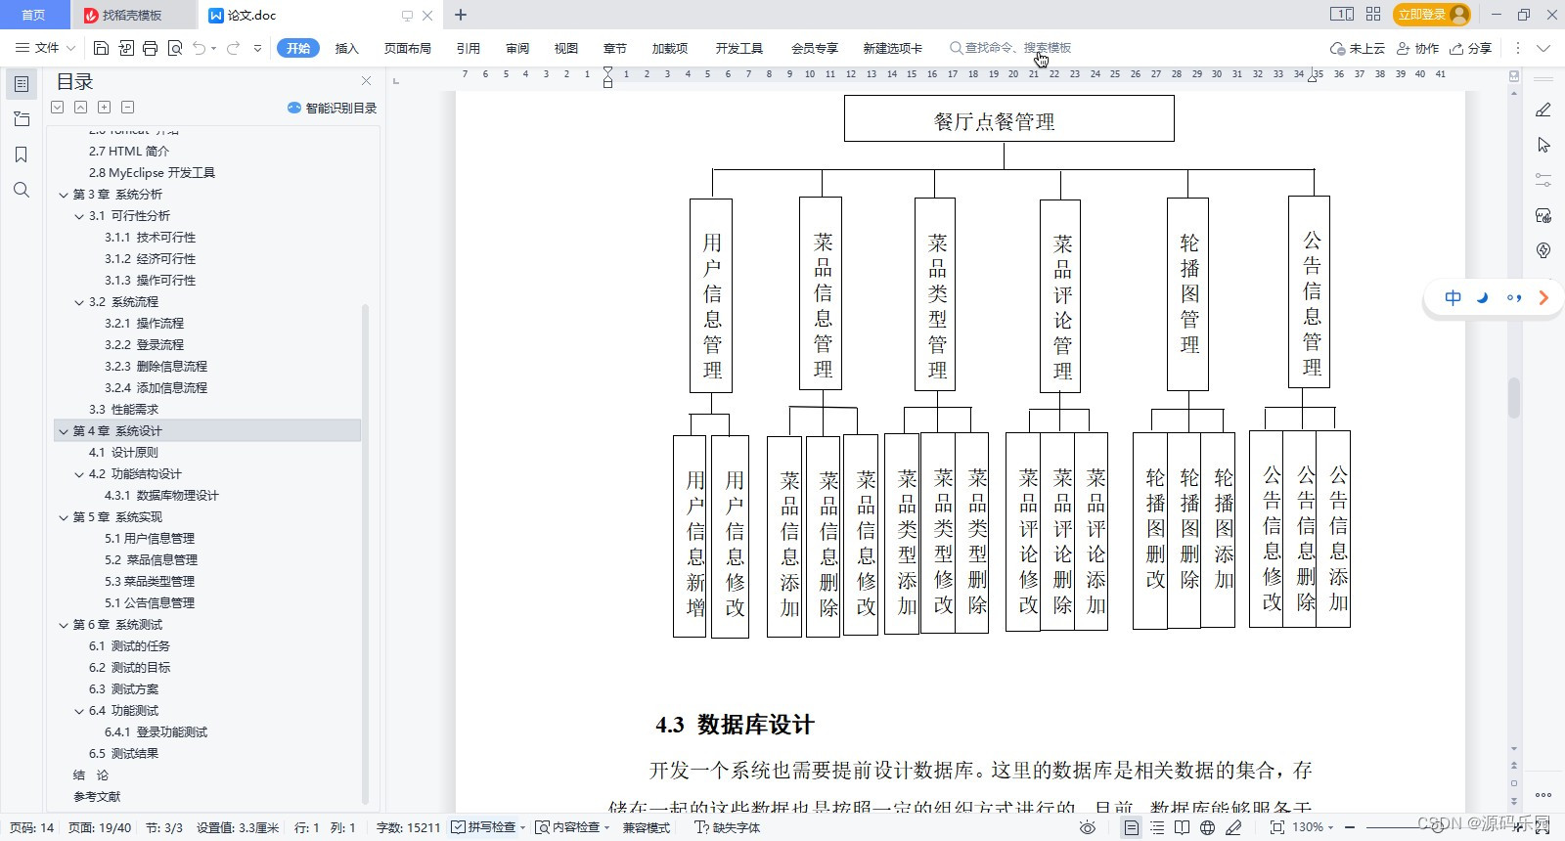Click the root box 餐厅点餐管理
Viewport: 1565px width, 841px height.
pos(1008,119)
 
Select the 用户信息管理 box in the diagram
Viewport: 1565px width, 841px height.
pos(711,295)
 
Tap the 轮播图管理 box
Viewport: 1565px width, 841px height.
pos(1188,293)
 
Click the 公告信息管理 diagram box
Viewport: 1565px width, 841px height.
pos(1310,291)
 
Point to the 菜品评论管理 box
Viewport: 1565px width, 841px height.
pos(1060,296)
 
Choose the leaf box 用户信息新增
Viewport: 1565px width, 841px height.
pos(691,537)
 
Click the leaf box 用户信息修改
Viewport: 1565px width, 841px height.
pos(731,537)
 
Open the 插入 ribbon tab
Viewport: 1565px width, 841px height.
pos(347,48)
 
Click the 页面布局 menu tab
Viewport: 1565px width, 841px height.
pos(407,48)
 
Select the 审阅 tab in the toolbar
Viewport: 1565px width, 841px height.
pos(517,48)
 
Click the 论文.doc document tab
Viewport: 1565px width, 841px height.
pos(251,16)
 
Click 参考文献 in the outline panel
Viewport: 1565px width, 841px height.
pos(97,796)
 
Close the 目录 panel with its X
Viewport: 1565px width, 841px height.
pos(366,81)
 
